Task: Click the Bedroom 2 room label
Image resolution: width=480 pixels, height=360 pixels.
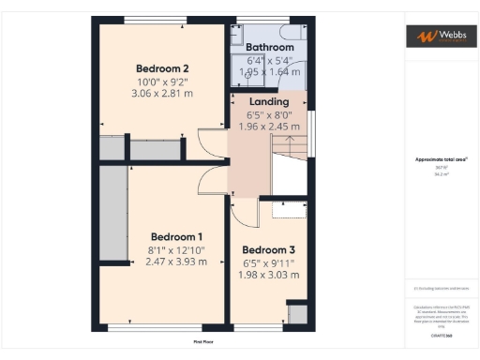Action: point(162,68)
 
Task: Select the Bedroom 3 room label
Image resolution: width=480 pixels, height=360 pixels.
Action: point(269,250)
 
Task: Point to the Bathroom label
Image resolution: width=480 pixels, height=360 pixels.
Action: point(270,46)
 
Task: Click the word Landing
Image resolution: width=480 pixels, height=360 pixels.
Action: point(270,101)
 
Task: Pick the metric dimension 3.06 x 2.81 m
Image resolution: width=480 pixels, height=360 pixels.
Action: point(162,95)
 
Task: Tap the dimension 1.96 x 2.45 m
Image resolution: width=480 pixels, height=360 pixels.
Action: point(270,127)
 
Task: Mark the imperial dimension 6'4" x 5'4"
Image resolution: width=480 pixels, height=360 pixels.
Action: point(270,59)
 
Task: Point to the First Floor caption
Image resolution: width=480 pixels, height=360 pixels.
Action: point(204,342)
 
